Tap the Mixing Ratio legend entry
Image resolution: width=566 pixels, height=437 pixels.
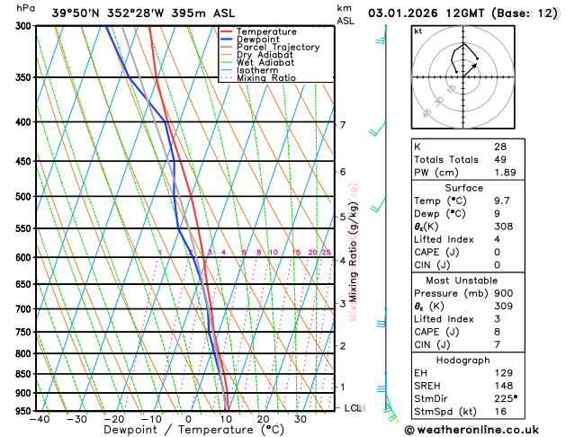(x=273, y=78)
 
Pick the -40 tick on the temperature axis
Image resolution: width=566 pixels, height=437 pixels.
(x=39, y=419)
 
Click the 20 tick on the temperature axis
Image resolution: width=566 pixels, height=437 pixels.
(x=263, y=419)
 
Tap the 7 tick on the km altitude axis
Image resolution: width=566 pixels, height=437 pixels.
(x=342, y=125)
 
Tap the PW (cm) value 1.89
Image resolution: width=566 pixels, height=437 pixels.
(x=506, y=173)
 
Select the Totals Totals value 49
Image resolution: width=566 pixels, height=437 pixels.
(x=500, y=159)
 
